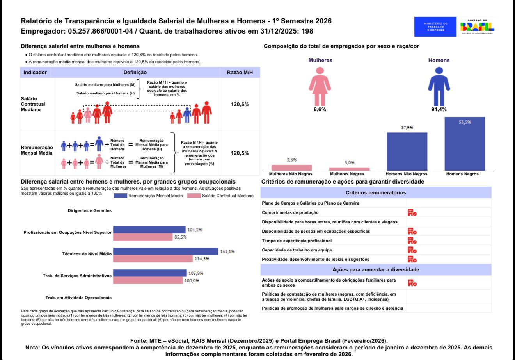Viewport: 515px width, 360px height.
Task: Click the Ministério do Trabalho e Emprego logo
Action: [x=435, y=27]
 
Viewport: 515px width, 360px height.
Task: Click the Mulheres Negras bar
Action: [x=349, y=169]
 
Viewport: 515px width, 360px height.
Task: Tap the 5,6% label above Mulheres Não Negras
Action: [x=291, y=160]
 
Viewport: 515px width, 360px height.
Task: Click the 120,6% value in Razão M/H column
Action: [x=240, y=105]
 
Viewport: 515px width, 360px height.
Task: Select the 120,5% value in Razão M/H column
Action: [x=240, y=153]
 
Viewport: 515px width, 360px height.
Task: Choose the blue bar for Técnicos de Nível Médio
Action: [x=165, y=251]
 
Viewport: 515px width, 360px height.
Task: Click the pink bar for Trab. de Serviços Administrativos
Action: [x=148, y=280]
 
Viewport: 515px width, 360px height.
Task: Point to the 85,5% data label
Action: [x=180, y=237]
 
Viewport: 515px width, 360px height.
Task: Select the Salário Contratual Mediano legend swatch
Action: [x=194, y=196]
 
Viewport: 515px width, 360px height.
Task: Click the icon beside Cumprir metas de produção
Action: [x=412, y=213]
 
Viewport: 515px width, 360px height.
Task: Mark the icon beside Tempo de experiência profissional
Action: [x=412, y=241]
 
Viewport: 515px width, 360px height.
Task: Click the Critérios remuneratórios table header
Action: [x=375, y=192]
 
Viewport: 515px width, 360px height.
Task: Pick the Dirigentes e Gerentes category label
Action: [x=89, y=210]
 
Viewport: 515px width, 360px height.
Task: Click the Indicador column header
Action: [x=35, y=72]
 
